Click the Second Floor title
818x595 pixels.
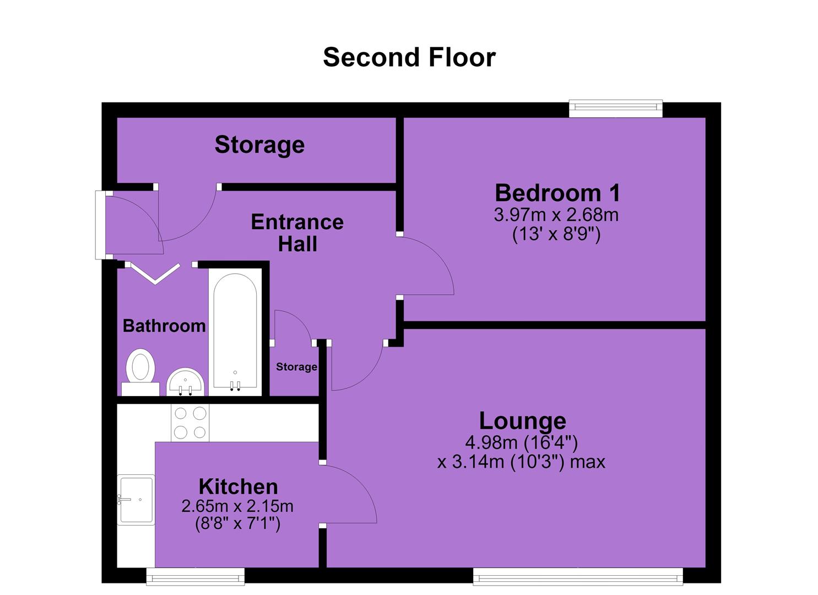point(409,57)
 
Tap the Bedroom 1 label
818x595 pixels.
point(557,193)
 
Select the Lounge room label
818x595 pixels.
point(523,421)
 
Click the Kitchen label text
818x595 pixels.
point(238,486)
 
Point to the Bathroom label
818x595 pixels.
point(164,326)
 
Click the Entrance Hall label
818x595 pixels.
point(297,232)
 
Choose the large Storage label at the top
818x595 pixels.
point(259,145)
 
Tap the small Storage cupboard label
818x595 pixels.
point(296,367)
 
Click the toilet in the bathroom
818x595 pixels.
point(140,372)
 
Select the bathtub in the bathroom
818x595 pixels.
point(235,332)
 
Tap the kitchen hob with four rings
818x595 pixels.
point(190,423)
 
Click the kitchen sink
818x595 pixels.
point(136,500)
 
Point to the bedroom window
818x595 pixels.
point(616,109)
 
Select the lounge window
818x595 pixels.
point(578,577)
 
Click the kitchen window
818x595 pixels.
point(196,577)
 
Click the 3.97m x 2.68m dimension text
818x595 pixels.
point(556,215)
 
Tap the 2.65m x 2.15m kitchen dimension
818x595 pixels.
point(237,506)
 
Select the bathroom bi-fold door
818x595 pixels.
point(155,273)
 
